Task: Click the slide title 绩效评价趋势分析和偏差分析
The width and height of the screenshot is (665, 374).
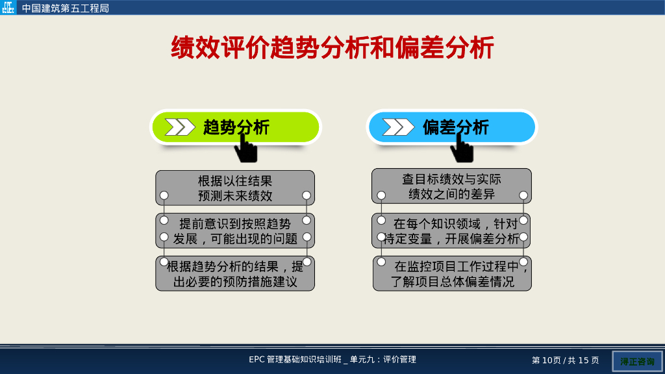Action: (x=332, y=48)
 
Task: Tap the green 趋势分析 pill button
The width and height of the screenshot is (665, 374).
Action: (x=236, y=127)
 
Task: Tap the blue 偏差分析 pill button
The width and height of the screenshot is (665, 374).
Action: (x=453, y=127)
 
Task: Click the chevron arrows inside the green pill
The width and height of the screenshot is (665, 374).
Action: (x=180, y=127)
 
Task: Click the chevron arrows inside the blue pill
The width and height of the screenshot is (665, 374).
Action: (x=397, y=127)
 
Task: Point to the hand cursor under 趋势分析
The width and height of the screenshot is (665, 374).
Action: (x=245, y=149)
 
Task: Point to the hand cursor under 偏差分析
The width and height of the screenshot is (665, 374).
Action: (x=462, y=149)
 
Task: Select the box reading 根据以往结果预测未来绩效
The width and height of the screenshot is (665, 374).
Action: (x=235, y=188)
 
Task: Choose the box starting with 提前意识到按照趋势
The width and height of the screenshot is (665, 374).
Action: (x=235, y=231)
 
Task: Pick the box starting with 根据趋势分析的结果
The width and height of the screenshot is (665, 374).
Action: (x=235, y=273)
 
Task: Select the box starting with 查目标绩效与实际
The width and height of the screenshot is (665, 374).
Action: (x=451, y=186)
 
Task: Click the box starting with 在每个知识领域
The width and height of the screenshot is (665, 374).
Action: (x=451, y=231)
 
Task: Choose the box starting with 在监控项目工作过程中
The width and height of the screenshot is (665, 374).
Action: (x=452, y=273)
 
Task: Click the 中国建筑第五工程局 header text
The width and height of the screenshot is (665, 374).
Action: (x=65, y=8)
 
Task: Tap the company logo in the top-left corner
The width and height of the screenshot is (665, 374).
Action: (x=8, y=8)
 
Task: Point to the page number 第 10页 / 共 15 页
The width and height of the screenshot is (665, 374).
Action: (x=565, y=360)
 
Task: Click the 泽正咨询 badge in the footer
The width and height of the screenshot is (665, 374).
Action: (x=636, y=361)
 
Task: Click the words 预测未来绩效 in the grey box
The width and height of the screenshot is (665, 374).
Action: (x=235, y=196)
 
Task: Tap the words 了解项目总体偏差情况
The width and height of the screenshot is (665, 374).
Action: (x=452, y=282)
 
